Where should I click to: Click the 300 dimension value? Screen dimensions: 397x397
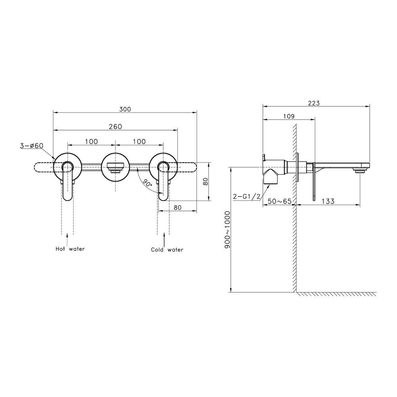click(x=125, y=109)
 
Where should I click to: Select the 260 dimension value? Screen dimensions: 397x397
click(x=116, y=127)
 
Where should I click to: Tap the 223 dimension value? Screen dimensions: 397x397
click(x=314, y=103)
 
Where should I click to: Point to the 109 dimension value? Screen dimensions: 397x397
click(x=289, y=116)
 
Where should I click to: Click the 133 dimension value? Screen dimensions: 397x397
click(x=328, y=201)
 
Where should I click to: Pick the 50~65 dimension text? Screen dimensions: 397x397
click(x=279, y=201)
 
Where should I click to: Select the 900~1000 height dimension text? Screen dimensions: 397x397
click(x=227, y=229)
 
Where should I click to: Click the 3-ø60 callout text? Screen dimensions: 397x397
click(x=32, y=146)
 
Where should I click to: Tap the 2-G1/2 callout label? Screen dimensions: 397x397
click(x=247, y=196)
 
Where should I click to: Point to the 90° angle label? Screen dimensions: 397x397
click(x=148, y=183)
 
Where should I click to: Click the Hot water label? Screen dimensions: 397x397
click(x=70, y=249)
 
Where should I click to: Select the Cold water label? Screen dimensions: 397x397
click(x=167, y=250)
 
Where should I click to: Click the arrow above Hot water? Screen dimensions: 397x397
click(x=67, y=239)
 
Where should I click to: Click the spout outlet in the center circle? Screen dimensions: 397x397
click(x=116, y=168)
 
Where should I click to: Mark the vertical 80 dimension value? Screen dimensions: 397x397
click(x=206, y=181)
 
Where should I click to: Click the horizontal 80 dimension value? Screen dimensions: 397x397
click(x=178, y=208)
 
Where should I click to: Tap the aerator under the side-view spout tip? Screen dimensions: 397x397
click(x=360, y=172)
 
